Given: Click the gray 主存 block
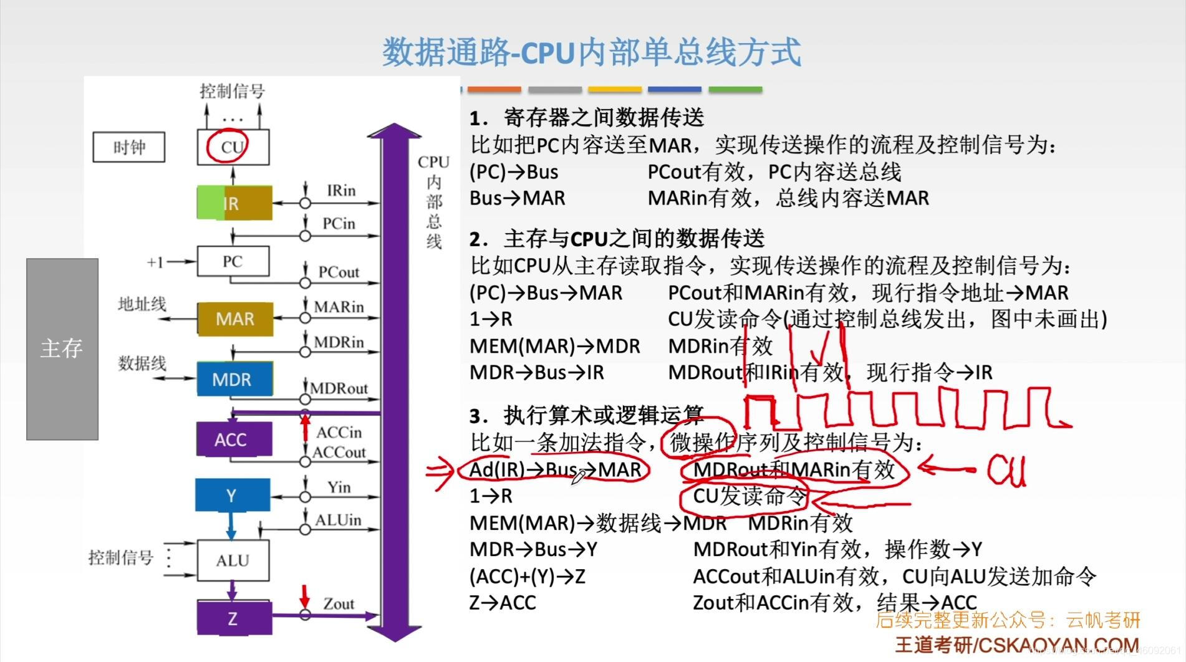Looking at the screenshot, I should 62,348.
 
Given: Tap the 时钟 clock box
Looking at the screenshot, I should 129,147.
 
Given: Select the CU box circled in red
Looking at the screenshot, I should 233,147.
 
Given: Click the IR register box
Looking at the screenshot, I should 234,203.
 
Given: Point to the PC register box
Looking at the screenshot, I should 233,261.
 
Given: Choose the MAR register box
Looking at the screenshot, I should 234,319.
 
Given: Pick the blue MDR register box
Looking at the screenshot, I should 234,379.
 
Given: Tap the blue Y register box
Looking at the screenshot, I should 232,496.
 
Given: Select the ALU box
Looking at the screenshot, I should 233,560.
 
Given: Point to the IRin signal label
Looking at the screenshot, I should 340,190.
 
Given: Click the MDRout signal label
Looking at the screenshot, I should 339,388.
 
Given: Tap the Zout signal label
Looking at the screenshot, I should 338,603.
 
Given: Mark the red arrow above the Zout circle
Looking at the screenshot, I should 304,595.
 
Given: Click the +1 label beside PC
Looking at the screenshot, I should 155,262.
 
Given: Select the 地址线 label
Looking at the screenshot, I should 142,304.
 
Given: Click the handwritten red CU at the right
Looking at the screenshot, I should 1006,470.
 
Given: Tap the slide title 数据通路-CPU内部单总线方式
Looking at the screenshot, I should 591,52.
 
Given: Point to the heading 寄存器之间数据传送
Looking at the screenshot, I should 604,117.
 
